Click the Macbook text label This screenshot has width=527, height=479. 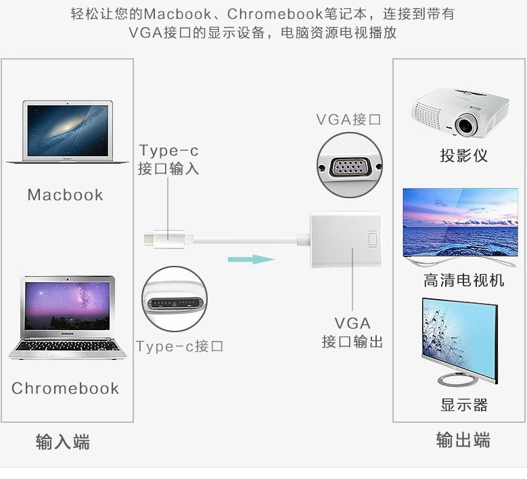(65, 196)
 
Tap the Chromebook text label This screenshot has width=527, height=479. (65, 388)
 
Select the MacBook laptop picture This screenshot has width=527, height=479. (67, 133)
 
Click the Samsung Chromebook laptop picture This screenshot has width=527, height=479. (67, 317)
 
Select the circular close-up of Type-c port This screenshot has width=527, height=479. (173, 299)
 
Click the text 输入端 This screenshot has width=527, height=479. (62, 442)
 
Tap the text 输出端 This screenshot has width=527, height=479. (463, 441)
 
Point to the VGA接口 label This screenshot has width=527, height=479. (348, 120)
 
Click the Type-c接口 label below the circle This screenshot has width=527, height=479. (179, 347)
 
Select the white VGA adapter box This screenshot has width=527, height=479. (345, 242)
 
